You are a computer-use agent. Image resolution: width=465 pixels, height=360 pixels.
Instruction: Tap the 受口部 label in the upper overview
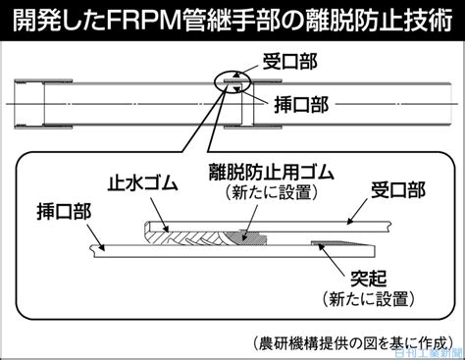coord(290,62)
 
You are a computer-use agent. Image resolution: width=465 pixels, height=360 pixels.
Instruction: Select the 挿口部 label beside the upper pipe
coord(301,105)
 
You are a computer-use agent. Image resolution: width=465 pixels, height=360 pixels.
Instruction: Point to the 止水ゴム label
coord(143,183)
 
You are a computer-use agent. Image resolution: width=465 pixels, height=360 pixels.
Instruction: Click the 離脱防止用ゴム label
coord(272,172)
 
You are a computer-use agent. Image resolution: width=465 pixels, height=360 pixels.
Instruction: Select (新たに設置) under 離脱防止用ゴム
coord(272,192)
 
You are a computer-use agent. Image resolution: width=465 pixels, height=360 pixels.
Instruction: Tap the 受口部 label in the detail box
coord(398,189)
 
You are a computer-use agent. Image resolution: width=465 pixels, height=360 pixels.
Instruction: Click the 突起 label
coord(369,279)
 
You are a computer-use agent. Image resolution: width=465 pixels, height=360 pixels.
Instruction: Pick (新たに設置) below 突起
coord(369,298)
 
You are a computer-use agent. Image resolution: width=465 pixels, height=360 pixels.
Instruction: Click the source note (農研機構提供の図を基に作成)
coord(353,343)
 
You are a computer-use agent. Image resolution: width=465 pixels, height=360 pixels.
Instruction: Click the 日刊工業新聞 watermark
coord(430,353)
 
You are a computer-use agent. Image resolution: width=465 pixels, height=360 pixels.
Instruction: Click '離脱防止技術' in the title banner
coord(380,21)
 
